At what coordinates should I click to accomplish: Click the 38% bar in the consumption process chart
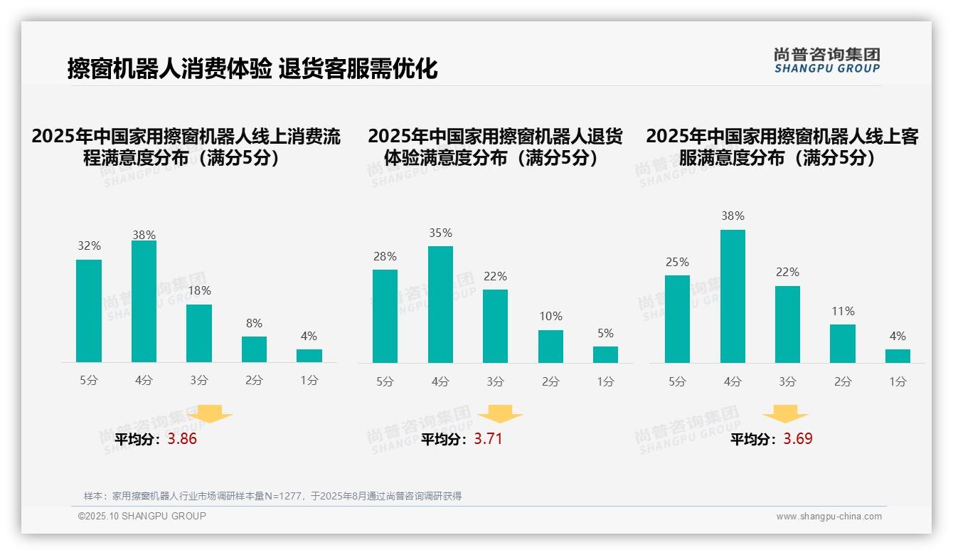(x=144, y=302)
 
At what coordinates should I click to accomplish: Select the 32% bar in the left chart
(x=89, y=311)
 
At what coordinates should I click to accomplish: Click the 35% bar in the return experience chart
(x=440, y=305)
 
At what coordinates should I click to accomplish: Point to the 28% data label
(x=385, y=257)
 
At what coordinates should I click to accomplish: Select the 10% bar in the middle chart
(x=550, y=347)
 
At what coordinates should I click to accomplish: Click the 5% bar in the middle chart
(x=605, y=354)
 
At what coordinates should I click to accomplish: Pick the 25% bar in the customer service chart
(x=677, y=319)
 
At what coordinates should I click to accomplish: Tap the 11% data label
(x=843, y=312)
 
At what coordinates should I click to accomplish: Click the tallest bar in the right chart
(x=733, y=296)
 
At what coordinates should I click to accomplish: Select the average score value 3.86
(x=182, y=439)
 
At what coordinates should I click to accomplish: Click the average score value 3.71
(x=488, y=439)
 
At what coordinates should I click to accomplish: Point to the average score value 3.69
(x=798, y=439)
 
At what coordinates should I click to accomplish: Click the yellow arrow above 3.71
(x=500, y=414)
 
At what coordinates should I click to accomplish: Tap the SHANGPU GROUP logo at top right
(x=826, y=60)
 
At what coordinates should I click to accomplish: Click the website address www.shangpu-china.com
(x=829, y=517)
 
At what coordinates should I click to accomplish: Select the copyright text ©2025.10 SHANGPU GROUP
(x=142, y=516)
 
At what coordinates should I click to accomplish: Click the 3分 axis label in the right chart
(x=787, y=382)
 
